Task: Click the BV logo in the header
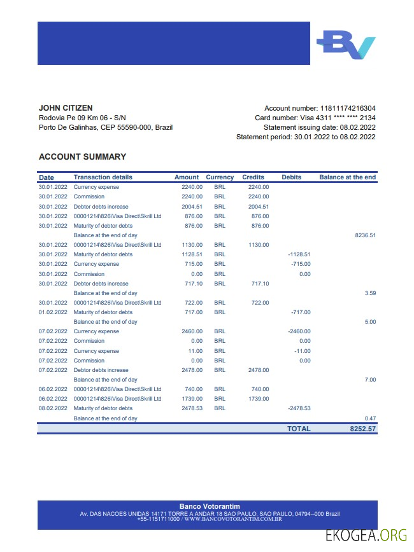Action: pyautogui.click(x=346, y=45)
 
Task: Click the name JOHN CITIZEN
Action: pyautogui.click(x=66, y=108)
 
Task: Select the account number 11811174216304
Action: pyautogui.click(x=347, y=108)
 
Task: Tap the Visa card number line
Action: pyautogui.click(x=315, y=118)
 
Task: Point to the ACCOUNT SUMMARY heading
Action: pyautogui.click(x=82, y=156)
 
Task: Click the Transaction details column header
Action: pyautogui.click(x=103, y=177)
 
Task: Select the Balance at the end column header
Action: pyautogui.click(x=347, y=177)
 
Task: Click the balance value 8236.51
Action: pyautogui.click(x=366, y=235)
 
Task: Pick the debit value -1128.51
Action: pyautogui.click(x=299, y=254)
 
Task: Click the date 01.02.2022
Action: pyautogui.click(x=53, y=312)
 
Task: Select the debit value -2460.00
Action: pyautogui.click(x=299, y=331)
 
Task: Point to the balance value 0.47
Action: pyautogui.click(x=369, y=418)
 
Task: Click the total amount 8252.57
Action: pyautogui.click(x=363, y=429)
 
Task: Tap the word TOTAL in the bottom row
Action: pyautogui.click(x=299, y=429)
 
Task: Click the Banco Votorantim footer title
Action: pyautogui.click(x=210, y=506)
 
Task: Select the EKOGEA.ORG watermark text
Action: pyautogui.click(x=366, y=536)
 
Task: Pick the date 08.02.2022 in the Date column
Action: pyautogui.click(x=53, y=408)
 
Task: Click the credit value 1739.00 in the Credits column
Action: pyautogui.click(x=259, y=399)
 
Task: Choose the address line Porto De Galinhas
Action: pyautogui.click(x=106, y=127)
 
